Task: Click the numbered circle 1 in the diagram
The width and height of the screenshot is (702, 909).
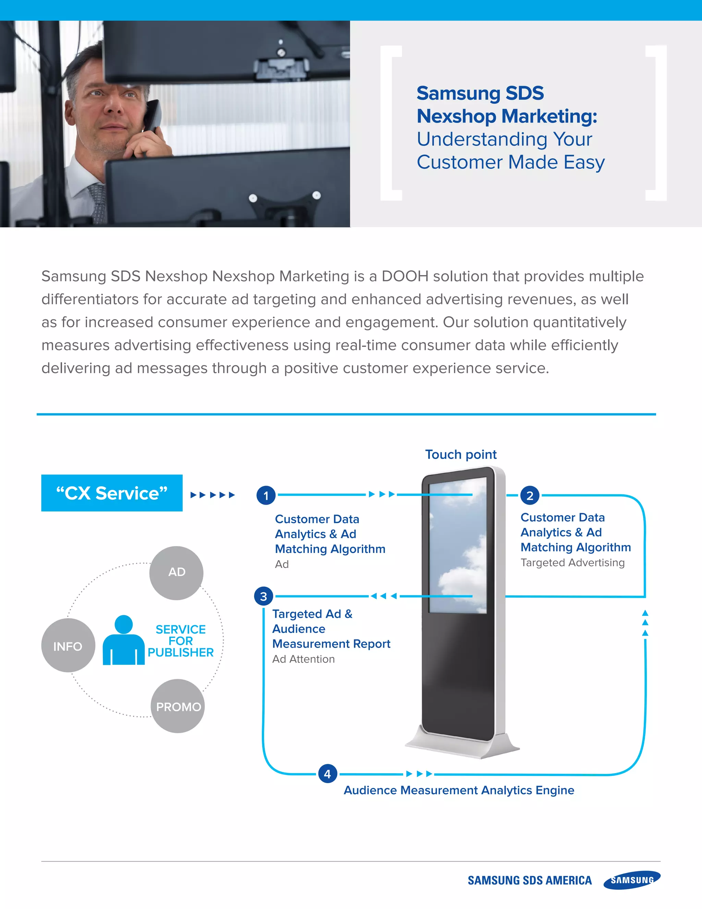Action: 266,495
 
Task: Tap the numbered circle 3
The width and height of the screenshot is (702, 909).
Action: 263,597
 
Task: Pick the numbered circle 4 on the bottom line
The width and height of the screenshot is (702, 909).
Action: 327,774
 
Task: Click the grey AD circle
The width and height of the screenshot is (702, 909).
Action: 176,573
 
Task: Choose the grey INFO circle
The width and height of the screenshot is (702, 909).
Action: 68,646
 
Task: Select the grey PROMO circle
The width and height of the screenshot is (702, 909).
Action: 178,706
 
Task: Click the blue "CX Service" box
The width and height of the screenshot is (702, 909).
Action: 112,493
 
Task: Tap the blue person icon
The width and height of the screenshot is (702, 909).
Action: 123,641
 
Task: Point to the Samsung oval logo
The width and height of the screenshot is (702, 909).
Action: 632,880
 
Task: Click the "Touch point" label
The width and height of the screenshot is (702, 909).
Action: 461,454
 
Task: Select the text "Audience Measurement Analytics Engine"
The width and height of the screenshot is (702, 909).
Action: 459,790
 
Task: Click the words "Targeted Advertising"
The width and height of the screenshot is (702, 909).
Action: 572,563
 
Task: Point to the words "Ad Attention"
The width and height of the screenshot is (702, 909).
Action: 303,659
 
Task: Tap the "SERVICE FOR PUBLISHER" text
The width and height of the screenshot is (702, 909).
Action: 181,641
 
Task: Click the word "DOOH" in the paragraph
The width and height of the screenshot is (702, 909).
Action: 405,276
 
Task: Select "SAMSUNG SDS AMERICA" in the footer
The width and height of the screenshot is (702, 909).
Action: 529,880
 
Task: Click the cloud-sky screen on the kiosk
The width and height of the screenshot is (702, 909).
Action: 458,545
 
